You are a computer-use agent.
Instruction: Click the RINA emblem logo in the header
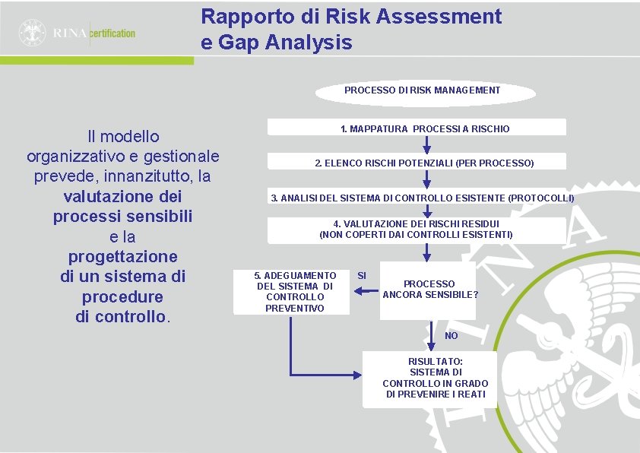pyautogui.click(x=33, y=33)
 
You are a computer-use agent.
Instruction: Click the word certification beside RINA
pyautogui.click(x=113, y=33)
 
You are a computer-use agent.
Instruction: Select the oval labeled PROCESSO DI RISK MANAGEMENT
pyautogui.click(x=422, y=90)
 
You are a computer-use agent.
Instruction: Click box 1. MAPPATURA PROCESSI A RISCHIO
pyautogui.click(x=425, y=128)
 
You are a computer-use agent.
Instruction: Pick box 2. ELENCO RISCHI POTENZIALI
pyautogui.click(x=424, y=163)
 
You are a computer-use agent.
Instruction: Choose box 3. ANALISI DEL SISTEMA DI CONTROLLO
pyautogui.click(x=423, y=198)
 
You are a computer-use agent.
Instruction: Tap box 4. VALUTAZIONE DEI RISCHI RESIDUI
pyautogui.click(x=416, y=230)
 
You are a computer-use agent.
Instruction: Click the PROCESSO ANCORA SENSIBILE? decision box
pyautogui.click(x=429, y=289)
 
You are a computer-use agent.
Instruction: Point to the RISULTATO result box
pyautogui.click(x=435, y=379)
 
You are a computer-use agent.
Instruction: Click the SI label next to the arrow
pyautogui.click(x=362, y=274)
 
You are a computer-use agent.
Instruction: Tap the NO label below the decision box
pyautogui.click(x=451, y=336)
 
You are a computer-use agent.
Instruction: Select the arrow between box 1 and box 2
pyautogui.click(x=426, y=144)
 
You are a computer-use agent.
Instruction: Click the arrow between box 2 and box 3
pyautogui.click(x=426, y=179)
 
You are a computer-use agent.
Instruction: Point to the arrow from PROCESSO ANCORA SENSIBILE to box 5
pyautogui.click(x=365, y=288)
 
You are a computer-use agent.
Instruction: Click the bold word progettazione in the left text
pyautogui.click(x=122, y=256)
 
